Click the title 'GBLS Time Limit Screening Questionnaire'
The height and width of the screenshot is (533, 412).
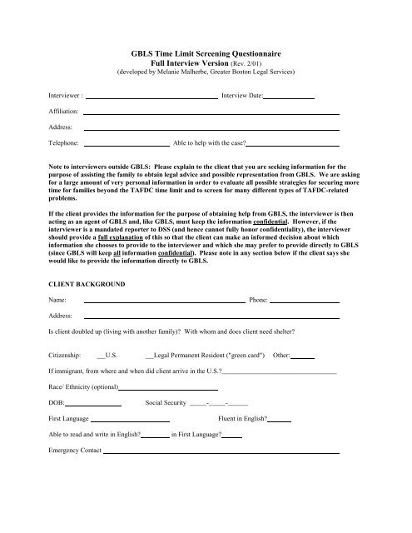coord(206,52)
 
